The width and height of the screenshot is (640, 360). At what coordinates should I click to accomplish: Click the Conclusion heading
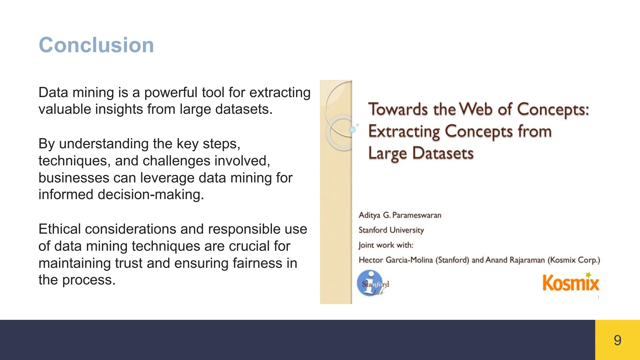[96, 45]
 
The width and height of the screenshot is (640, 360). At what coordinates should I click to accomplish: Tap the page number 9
[617, 340]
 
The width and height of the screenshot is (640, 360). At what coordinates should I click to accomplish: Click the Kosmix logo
[571, 283]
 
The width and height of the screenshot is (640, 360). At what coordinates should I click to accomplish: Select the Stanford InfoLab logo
[372, 283]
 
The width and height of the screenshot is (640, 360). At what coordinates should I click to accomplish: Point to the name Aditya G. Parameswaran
[400, 215]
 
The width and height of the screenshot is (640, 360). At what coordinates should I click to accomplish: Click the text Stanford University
[391, 230]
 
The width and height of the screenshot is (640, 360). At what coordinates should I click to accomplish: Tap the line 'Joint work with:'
[386, 245]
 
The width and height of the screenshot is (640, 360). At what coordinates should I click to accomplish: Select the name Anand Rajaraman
[515, 260]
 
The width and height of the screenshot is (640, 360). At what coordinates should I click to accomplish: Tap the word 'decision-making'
[151, 195]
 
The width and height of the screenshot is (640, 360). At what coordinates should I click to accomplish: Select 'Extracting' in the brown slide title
[404, 132]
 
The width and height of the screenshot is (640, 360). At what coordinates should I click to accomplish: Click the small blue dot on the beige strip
[352, 129]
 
